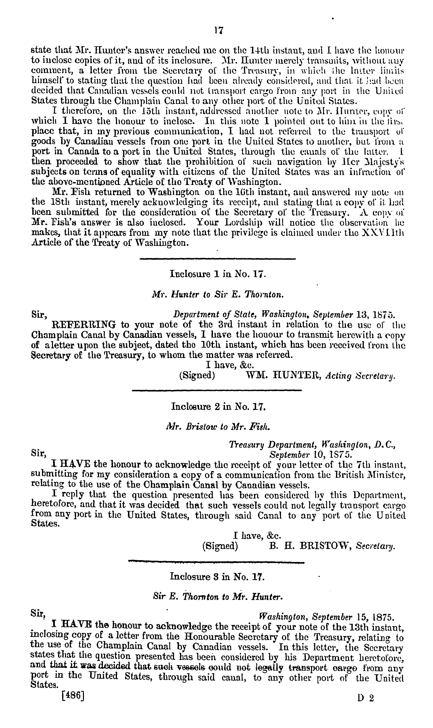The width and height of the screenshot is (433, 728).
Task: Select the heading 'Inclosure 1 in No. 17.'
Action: pos(218,274)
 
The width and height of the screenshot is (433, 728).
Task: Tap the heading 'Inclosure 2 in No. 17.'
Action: pos(218,406)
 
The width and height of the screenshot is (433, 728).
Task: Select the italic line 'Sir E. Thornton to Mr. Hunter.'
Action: pos(218,597)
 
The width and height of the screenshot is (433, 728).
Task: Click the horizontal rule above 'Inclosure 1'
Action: pos(218,258)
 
